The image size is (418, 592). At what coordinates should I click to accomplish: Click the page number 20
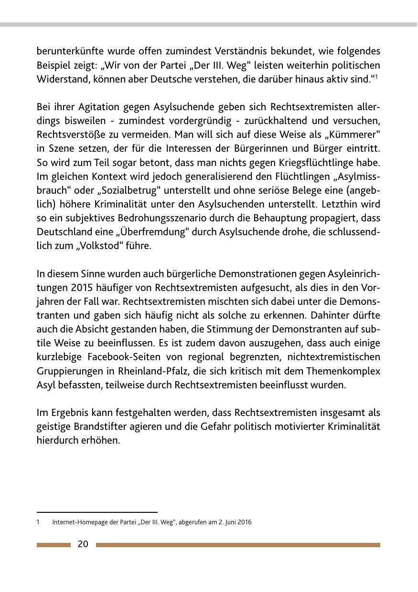point(83,544)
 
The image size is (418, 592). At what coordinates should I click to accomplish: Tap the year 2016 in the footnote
point(244,522)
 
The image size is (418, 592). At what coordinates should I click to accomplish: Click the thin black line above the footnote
point(97,512)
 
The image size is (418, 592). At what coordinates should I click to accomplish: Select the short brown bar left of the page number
point(54,545)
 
